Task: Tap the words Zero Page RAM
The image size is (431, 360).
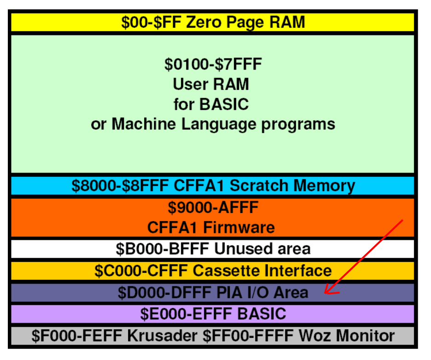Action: [245, 23]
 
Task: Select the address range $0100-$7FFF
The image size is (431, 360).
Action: [213, 64]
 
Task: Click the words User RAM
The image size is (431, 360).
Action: [211, 84]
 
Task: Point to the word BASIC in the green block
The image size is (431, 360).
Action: [224, 105]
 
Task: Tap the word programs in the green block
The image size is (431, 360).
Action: [298, 125]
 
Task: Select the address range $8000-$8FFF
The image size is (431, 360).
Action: [120, 186]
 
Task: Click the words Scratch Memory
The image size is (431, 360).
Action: [292, 186]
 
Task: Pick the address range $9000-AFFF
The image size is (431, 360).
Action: [213, 208]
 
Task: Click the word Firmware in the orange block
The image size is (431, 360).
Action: [239, 227]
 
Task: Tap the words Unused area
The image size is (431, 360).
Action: [262, 249]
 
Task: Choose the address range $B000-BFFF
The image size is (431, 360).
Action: [162, 249]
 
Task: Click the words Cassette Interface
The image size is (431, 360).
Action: [262, 271]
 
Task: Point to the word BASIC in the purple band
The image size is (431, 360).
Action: [262, 314]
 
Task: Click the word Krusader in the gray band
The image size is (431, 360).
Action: [162, 336]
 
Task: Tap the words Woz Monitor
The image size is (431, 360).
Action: [347, 336]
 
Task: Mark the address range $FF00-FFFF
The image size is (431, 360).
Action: [248, 336]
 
